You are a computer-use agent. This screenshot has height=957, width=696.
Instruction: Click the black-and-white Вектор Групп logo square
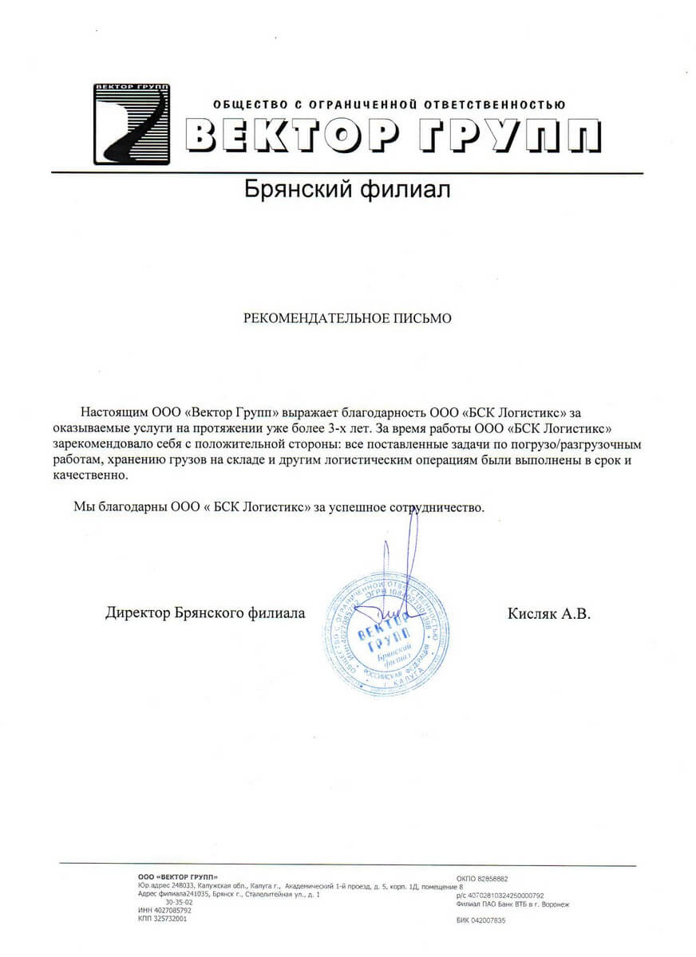132,124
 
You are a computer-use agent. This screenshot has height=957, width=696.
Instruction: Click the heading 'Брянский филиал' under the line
347,191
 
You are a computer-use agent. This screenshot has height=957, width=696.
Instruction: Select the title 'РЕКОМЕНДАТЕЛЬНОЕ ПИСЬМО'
347,318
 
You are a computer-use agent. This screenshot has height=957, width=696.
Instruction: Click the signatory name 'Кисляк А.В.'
548,613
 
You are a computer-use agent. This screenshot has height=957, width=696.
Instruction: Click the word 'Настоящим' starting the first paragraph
110,412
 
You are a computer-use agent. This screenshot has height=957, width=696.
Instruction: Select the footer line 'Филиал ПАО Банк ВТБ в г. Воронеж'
512,904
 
